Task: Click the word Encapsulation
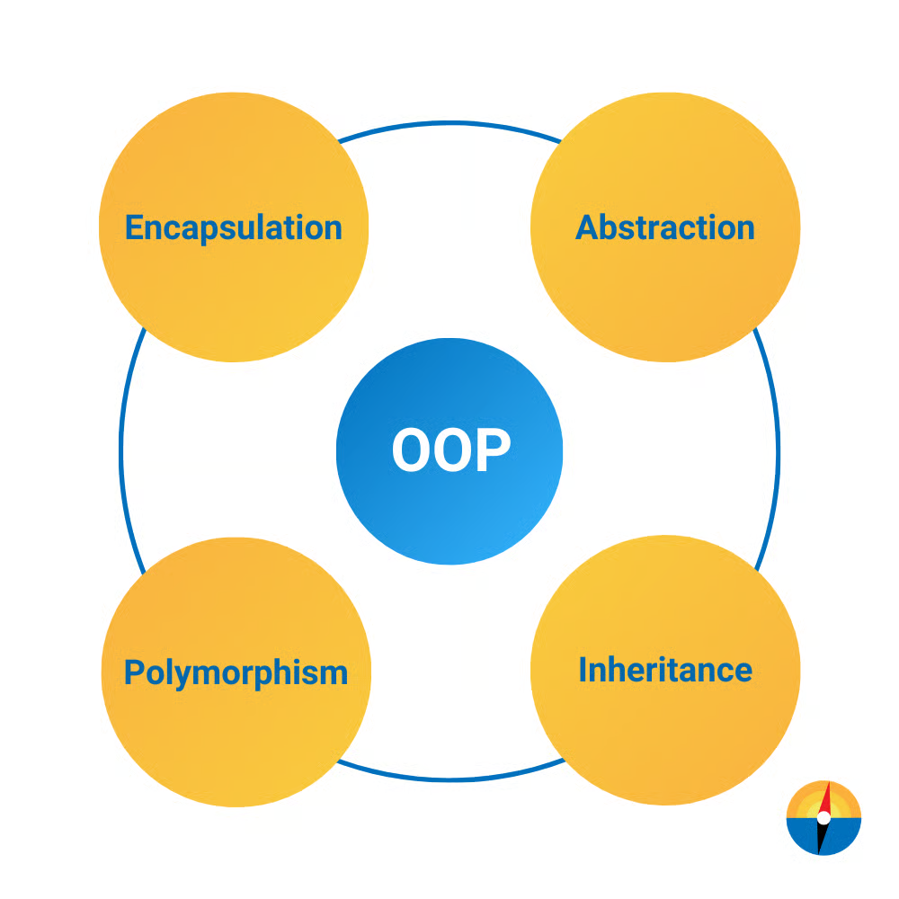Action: (x=234, y=228)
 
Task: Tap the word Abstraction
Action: (x=665, y=227)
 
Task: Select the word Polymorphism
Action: (x=236, y=673)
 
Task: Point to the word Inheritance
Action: (x=665, y=670)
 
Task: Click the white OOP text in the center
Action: (x=451, y=450)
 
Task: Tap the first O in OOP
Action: (x=411, y=450)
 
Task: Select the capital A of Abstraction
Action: (x=586, y=227)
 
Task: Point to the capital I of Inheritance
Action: (x=583, y=670)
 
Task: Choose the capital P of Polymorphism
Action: (x=134, y=672)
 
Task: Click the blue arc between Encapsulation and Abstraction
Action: (x=449, y=123)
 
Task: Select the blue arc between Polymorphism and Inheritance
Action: (x=449, y=779)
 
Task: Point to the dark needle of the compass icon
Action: (x=823, y=838)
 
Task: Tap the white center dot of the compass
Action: (x=823, y=818)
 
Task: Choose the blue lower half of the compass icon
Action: (x=823, y=836)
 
